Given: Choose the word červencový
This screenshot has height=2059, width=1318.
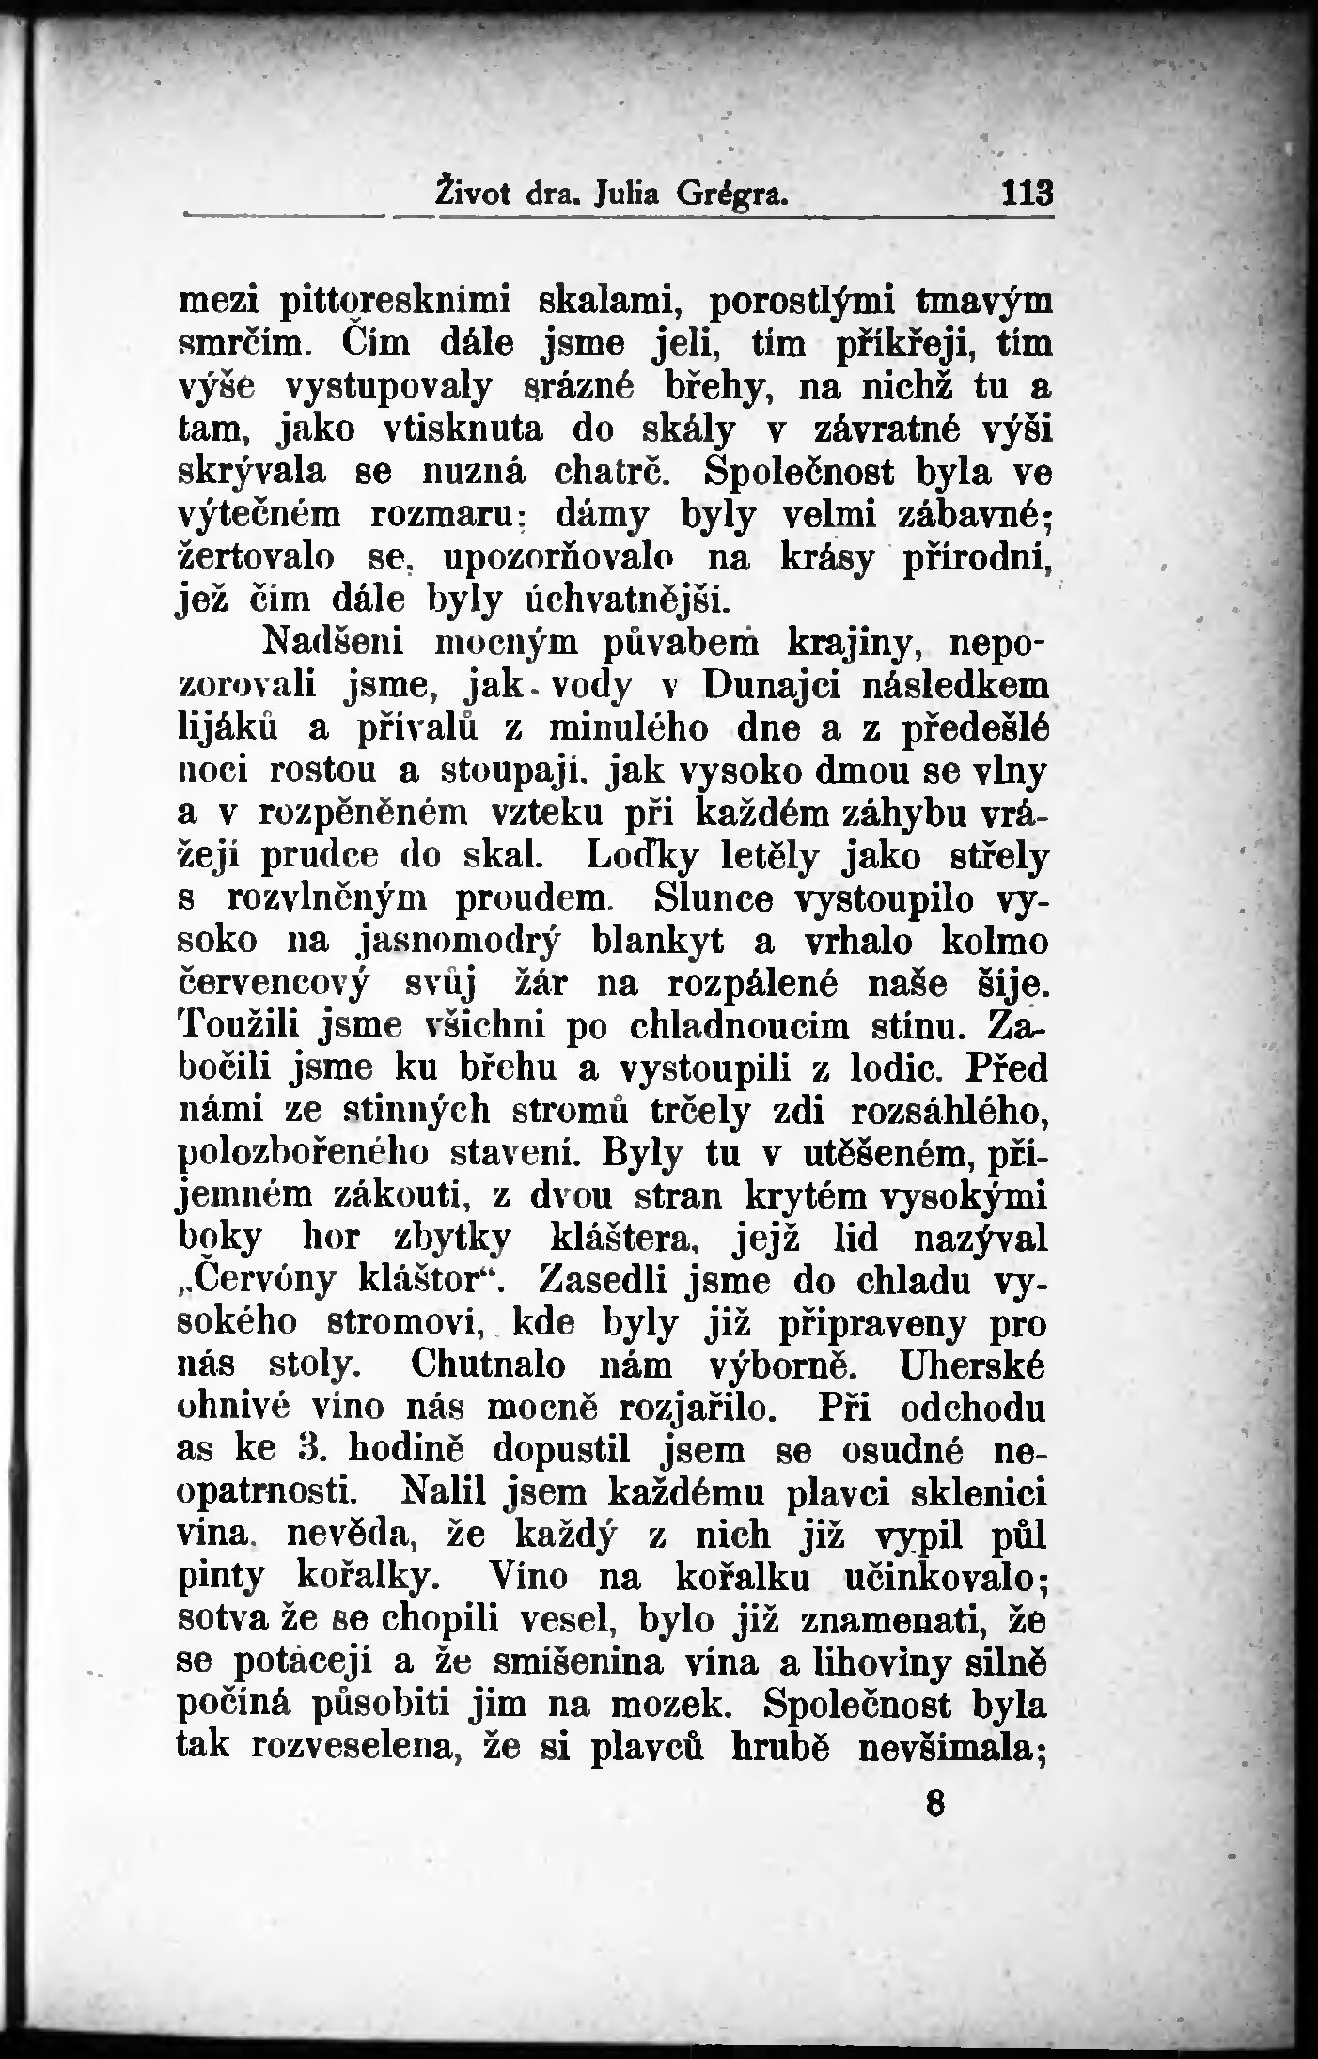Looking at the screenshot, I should (274, 984).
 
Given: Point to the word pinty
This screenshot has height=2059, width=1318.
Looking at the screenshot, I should (224, 1579).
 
